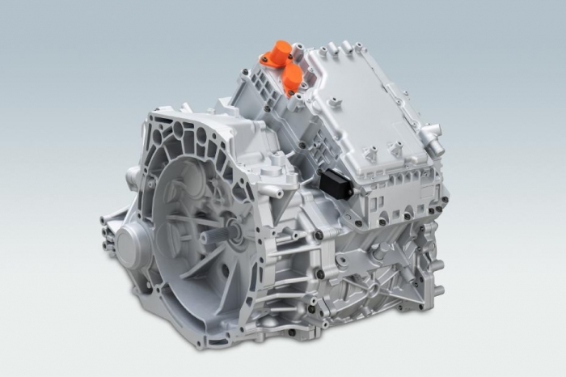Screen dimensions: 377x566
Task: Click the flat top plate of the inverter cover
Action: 364,113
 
